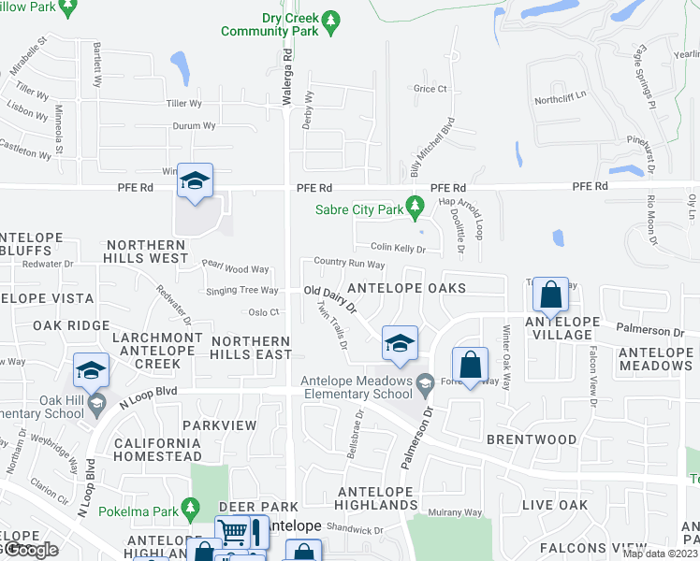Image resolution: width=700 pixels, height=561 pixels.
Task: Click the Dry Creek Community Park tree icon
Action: click(x=329, y=19)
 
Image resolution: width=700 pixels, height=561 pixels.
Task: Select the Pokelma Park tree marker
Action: click(x=189, y=511)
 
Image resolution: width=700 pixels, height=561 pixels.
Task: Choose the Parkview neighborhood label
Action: click(x=219, y=425)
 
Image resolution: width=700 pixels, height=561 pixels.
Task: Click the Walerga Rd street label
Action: click(x=288, y=69)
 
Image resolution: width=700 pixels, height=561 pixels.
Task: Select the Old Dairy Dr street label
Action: click(x=332, y=298)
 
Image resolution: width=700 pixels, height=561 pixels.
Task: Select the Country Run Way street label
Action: click(x=350, y=264)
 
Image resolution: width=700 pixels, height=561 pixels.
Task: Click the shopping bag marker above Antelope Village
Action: click(x=551, y=295)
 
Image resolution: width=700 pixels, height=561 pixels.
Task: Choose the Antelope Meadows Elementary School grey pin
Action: click(x=425, y=381)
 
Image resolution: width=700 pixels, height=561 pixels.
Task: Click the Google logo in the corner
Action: click(x=30, y=549)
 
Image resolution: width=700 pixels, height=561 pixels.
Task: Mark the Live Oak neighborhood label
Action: click(x=555, y=505)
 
